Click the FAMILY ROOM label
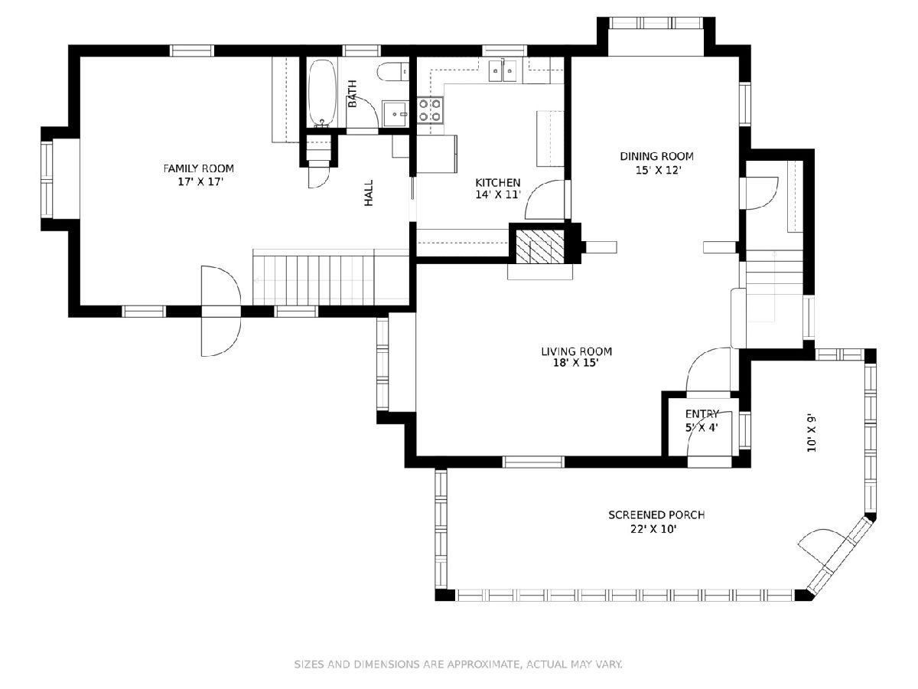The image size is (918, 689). (x=198, y=168)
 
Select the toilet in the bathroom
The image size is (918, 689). (x=392, y=71)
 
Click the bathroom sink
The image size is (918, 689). (x=394, y=113)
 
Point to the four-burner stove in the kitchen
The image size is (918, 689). (x=429, y=109)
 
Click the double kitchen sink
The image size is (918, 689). (x=503, y=70)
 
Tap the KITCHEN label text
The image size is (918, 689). (x=498, y=183)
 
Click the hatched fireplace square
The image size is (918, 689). (x=539, y=247)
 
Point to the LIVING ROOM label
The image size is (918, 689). (x=576, y=351)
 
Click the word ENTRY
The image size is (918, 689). (x=702, y=414)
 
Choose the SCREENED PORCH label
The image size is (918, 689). (x=656, y=515)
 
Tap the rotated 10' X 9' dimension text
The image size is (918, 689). (x=812, y=433)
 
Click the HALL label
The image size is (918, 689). (x=369, y=193)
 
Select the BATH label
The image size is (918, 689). (x=353, y=93)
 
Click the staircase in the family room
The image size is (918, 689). (x=330, y=277)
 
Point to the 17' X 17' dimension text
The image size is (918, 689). (x=199, y=182)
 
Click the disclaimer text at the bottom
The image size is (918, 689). (x=458, y=664)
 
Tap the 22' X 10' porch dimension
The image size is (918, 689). (x=653, y=530)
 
